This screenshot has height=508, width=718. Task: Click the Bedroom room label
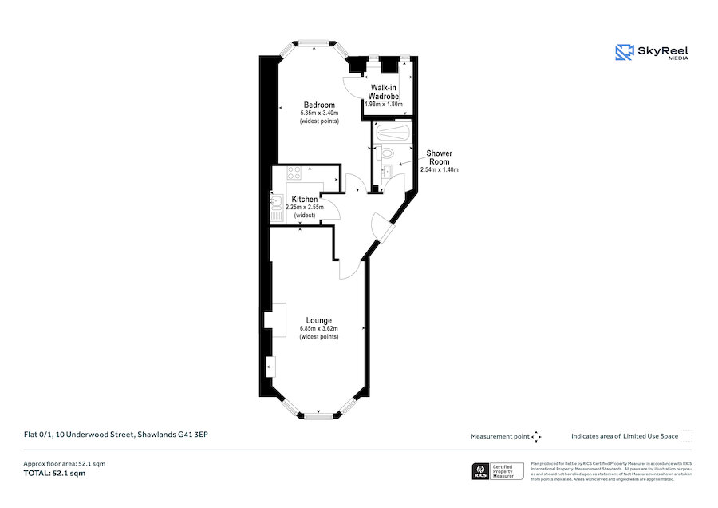coord(318,105)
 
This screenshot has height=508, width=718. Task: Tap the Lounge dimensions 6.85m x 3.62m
coord(318,328)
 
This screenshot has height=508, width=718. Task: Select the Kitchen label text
coord(305,199)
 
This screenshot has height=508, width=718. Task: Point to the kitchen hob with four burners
coord(292,172)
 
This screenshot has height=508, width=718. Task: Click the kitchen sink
coord(277,208)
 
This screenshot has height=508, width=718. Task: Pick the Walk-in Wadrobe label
coord(384,91)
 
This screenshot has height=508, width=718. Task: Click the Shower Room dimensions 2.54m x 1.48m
coord(439,169)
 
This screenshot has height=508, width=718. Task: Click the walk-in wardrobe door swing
coord(352,85)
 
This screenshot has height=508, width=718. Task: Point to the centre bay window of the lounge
coord(319,415)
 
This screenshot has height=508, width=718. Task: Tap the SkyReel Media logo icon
coord(623,53)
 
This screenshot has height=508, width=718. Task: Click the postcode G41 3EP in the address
coord(195,435)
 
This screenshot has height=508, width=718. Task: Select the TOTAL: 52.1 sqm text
coord(53,474)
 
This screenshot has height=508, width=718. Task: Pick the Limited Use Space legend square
coord(686,435)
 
